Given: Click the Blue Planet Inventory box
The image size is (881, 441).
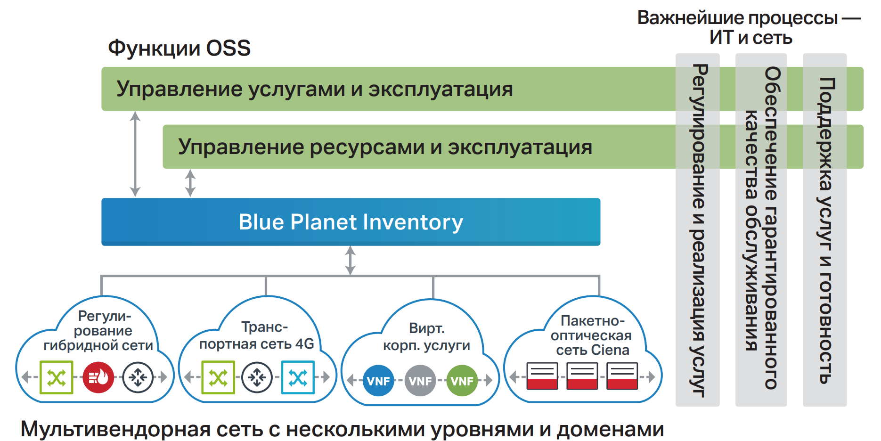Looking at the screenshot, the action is (351, 222).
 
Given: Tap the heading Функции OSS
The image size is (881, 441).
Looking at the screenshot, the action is (179, 48).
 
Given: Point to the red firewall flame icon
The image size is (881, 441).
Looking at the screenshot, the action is (98, 377).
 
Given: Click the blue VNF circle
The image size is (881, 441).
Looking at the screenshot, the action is (378, 380).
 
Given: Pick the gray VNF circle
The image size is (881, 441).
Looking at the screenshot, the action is (420, 380).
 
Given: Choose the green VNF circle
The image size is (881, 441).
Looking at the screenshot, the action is (462, 380).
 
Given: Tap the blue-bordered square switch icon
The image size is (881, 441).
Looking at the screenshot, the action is (298, 377).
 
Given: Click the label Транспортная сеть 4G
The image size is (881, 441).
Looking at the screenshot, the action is (257, 335).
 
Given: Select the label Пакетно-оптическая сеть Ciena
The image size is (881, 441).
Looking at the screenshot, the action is (592, 335).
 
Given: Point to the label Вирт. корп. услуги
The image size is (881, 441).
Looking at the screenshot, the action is (426, 337).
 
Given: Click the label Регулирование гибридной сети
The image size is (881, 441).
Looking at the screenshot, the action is (98, 331).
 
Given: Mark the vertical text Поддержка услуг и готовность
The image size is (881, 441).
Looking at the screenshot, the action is (825, 230).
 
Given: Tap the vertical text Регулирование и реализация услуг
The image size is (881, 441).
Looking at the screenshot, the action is (698, 230).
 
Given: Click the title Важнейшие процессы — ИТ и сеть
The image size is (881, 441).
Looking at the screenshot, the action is (749, 27).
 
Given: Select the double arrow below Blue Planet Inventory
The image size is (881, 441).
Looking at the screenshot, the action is (350, 260).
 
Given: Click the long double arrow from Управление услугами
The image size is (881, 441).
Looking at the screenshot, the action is (135, 154).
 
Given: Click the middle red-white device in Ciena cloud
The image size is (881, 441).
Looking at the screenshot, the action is (582, 376).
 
